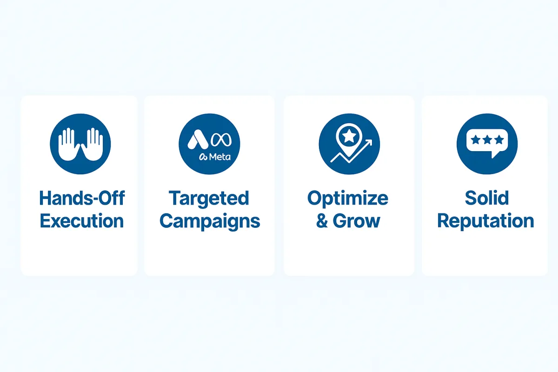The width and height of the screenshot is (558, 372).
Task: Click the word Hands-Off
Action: click(x=82, y=198)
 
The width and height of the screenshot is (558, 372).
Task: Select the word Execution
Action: click(x=82, y=221)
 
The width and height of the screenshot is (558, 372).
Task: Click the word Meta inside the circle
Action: click(x=219, y=157)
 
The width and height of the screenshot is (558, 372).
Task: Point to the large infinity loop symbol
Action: click(x=221, y=140)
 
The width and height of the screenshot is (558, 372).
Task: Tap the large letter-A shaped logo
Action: click(x=198, y=139)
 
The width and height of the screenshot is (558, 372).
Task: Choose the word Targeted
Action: click(x=209, y=199)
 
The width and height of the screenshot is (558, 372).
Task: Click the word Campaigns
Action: click(x=210, y=221)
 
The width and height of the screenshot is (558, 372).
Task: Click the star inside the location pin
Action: click(x=349, y=136)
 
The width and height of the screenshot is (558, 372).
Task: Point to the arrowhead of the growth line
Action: click(x=369, y=142)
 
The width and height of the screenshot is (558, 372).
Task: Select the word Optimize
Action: click(x=348, y=199)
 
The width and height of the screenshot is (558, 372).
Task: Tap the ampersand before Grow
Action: click(x=322, y=221)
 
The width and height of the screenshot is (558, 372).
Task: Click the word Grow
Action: click(x=357, y=221)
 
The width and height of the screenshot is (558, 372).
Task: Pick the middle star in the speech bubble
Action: click(x=487, y=140)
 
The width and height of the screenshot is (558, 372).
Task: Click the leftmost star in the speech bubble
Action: click(x=476, y=140)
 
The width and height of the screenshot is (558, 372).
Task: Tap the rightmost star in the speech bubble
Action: click(x=499, y=140)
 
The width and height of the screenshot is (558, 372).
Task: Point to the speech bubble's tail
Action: click(x=494, y=154)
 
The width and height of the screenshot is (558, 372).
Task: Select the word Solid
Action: click(x=487, y=198)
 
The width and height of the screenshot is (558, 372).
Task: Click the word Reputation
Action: click(x=486, y=221)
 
